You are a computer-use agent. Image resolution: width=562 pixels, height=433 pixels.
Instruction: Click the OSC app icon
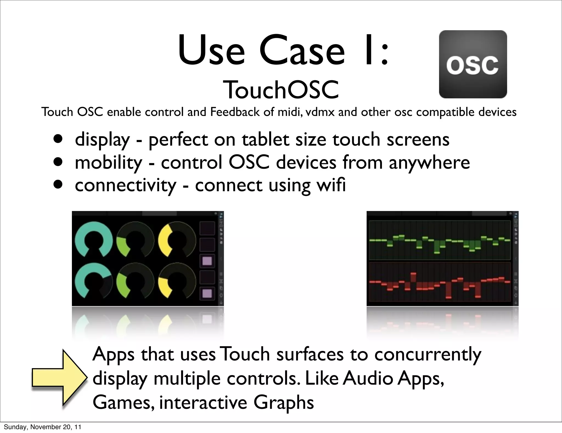473,64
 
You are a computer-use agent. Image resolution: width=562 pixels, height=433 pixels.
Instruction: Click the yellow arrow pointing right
59,378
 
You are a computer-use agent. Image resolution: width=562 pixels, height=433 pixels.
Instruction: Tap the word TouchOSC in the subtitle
281,90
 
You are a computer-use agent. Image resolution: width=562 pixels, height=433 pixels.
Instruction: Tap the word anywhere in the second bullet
429,163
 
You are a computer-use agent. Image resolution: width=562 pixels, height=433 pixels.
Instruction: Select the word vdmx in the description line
320,112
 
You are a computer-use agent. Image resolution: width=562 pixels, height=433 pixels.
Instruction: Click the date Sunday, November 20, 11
43,427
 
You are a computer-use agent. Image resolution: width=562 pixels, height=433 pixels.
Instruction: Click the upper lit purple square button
207,260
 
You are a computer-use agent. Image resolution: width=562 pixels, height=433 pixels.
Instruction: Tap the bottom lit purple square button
207,293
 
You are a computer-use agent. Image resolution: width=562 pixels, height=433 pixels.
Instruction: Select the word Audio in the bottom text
368,378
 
